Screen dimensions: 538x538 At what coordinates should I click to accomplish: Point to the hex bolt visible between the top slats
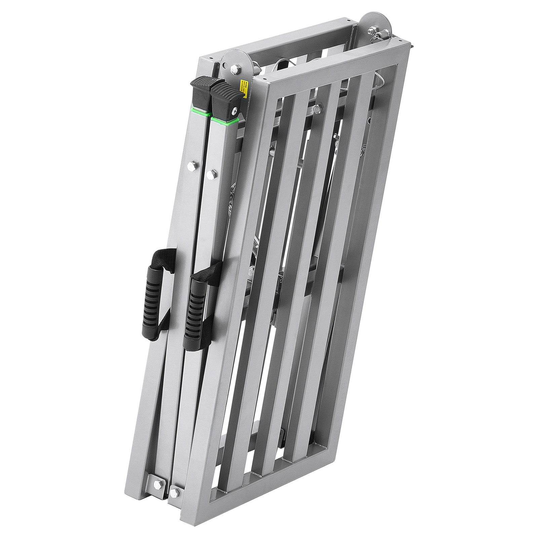tap(318, 108)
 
